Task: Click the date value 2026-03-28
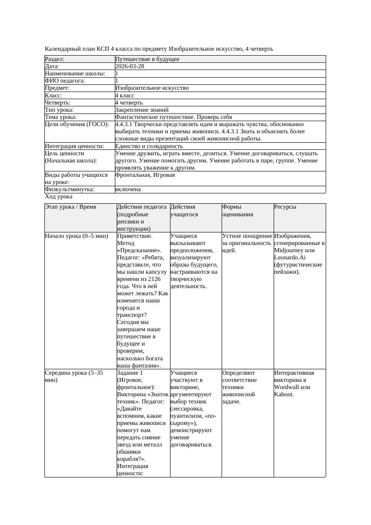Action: pos(130,66)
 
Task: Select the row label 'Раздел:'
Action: pos(55,59)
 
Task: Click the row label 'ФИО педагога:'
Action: pos(65,81)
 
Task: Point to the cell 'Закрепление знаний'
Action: pos(142,109)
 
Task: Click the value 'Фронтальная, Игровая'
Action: pos(145,175)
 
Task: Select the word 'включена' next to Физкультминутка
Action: pos(128,189)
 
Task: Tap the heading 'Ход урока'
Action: pos(59,197)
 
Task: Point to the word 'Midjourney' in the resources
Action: pos(289,250)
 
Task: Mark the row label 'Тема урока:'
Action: pos(61,117)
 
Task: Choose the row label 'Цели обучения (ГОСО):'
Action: pos(77,124)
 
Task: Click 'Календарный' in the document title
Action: pos(61,48)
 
